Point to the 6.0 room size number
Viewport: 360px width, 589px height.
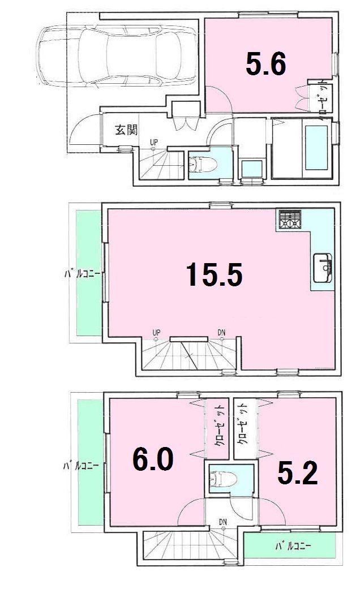click(153, 460)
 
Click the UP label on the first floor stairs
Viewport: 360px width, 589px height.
click(154, 142)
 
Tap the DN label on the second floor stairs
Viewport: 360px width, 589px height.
click(222, 332)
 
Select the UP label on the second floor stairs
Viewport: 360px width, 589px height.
click(157, 332)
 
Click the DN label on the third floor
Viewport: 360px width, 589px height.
click(224, 521)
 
